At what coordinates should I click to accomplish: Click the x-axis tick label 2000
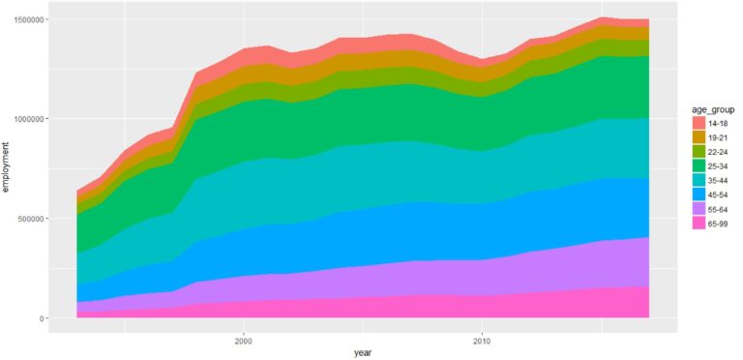(x=244, y=341)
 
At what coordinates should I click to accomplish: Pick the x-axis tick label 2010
(x=482, y=341)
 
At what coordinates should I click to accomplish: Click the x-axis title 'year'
(x=363, y=353)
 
